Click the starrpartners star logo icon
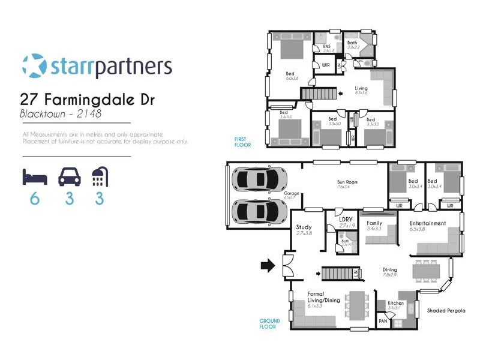[x=33, y=65]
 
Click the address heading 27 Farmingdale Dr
[x=88, y=99]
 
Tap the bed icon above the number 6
[x=34, y=177]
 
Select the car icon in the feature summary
[x=69, y=177]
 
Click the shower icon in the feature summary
[x=100, y=177]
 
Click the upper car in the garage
[x=259, y=179]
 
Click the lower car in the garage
[x=259, y=211]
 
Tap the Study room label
[x=304, y=227]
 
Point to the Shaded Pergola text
[x=446, y=311]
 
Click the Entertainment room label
[x=428, y=223]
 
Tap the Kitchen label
[x=396, y=303]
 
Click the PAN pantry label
[x=383, y=322]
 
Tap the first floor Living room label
[x=361, y=88]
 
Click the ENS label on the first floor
[x=326, y=47]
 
